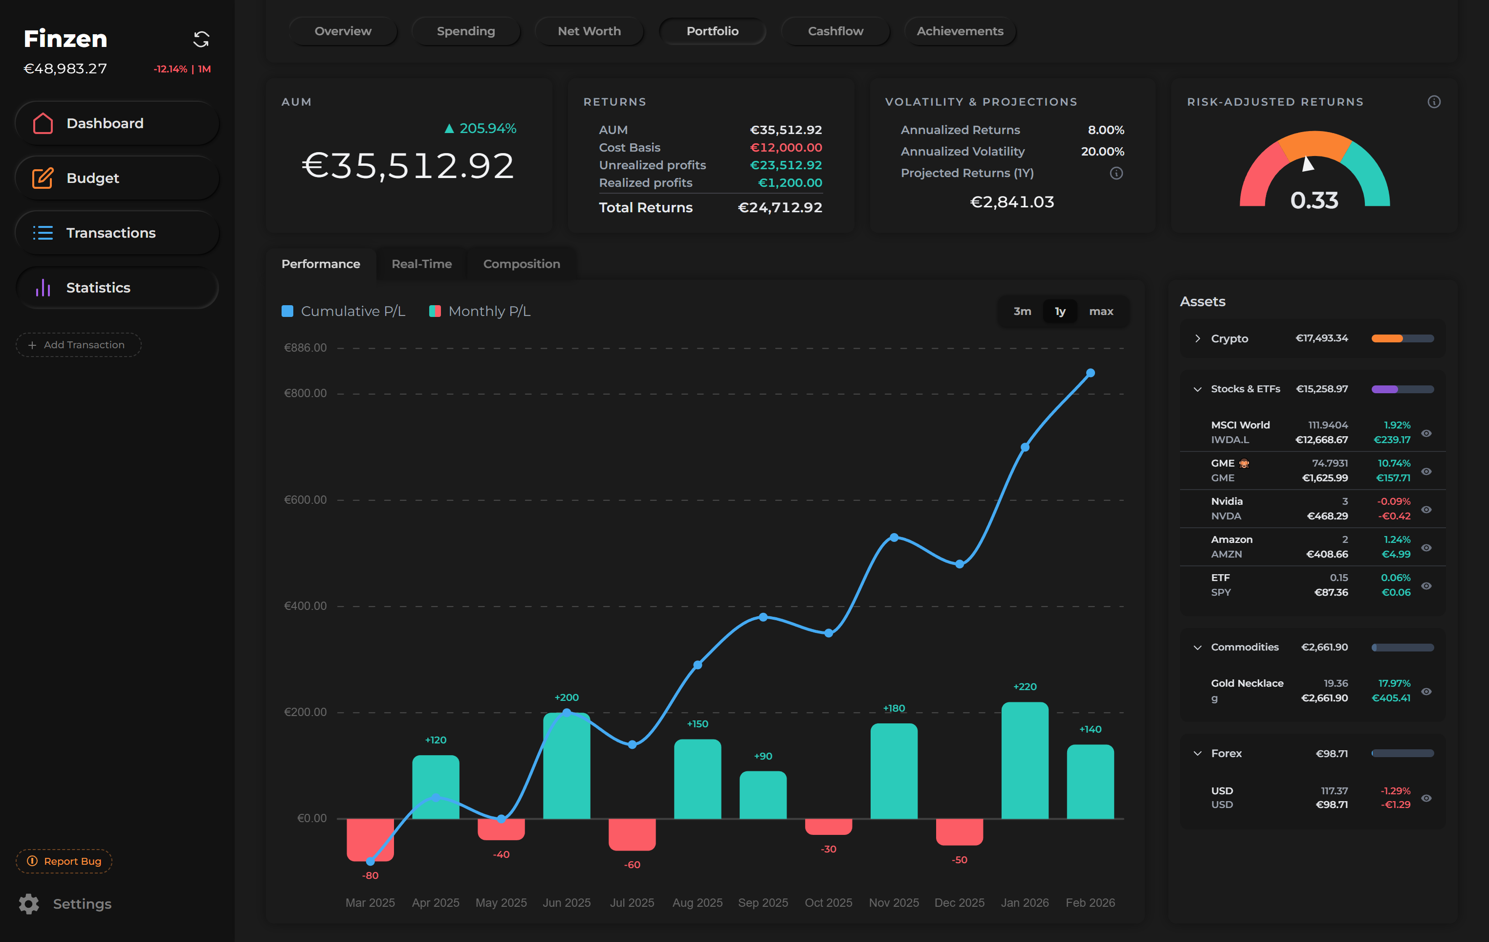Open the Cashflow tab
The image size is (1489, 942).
[x=835, y=31]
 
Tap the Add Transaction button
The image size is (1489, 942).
[x=79, y=344]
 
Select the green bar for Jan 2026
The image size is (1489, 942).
[x=1025, y=760]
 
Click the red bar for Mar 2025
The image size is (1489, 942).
[x=370, y=839]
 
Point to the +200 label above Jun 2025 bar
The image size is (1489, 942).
[x=567, y=697]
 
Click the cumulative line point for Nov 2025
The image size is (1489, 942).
[x=894, y=538]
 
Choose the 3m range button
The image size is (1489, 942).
[x=1022, y=311]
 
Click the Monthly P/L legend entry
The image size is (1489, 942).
[x=480, y=311]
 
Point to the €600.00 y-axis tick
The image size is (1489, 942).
[x=305, y=500]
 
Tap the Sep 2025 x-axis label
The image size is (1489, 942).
[x=763, y=902]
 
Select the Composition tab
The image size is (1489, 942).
[x=521, y=264]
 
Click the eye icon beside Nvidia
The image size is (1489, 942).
[x=1426, y=509]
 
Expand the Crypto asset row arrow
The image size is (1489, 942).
[x=1197, y=338]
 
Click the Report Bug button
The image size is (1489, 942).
[x=65, y=861]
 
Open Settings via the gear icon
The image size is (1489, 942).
[x=28, y=904]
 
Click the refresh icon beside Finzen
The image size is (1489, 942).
[x=201, y=40]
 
